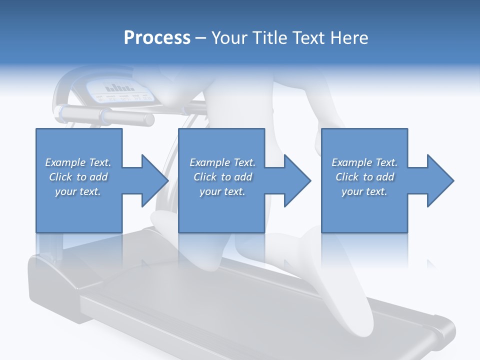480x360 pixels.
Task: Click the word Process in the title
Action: pyautogui.click(x=157, y=38)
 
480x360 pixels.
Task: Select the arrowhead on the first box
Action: pyautogui.click(x=154, y=180)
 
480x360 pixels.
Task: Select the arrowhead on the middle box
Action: pyautogui.click(x=296, y=180)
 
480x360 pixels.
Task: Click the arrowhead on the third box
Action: pyautogui.click(x=439, y=180)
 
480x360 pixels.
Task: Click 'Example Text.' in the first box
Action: pyautogui.click(x=78, y=162)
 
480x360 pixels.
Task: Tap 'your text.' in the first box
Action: pyautogui.click(x=78, y=191)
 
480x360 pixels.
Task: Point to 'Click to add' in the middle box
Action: pyautogui.click(x=222, y=177)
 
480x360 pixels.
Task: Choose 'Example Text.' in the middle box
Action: pyautogui.click(x=222, y=162)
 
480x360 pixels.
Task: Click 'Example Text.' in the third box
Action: pyautogui.click(x=364, y=162)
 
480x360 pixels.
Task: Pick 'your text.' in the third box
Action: pyautogui.click(x=364, y=191)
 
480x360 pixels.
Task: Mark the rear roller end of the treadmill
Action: pyautogui.click(x=440, y=332)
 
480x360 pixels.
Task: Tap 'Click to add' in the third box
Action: pyautogui.click(x=364, y=177)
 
